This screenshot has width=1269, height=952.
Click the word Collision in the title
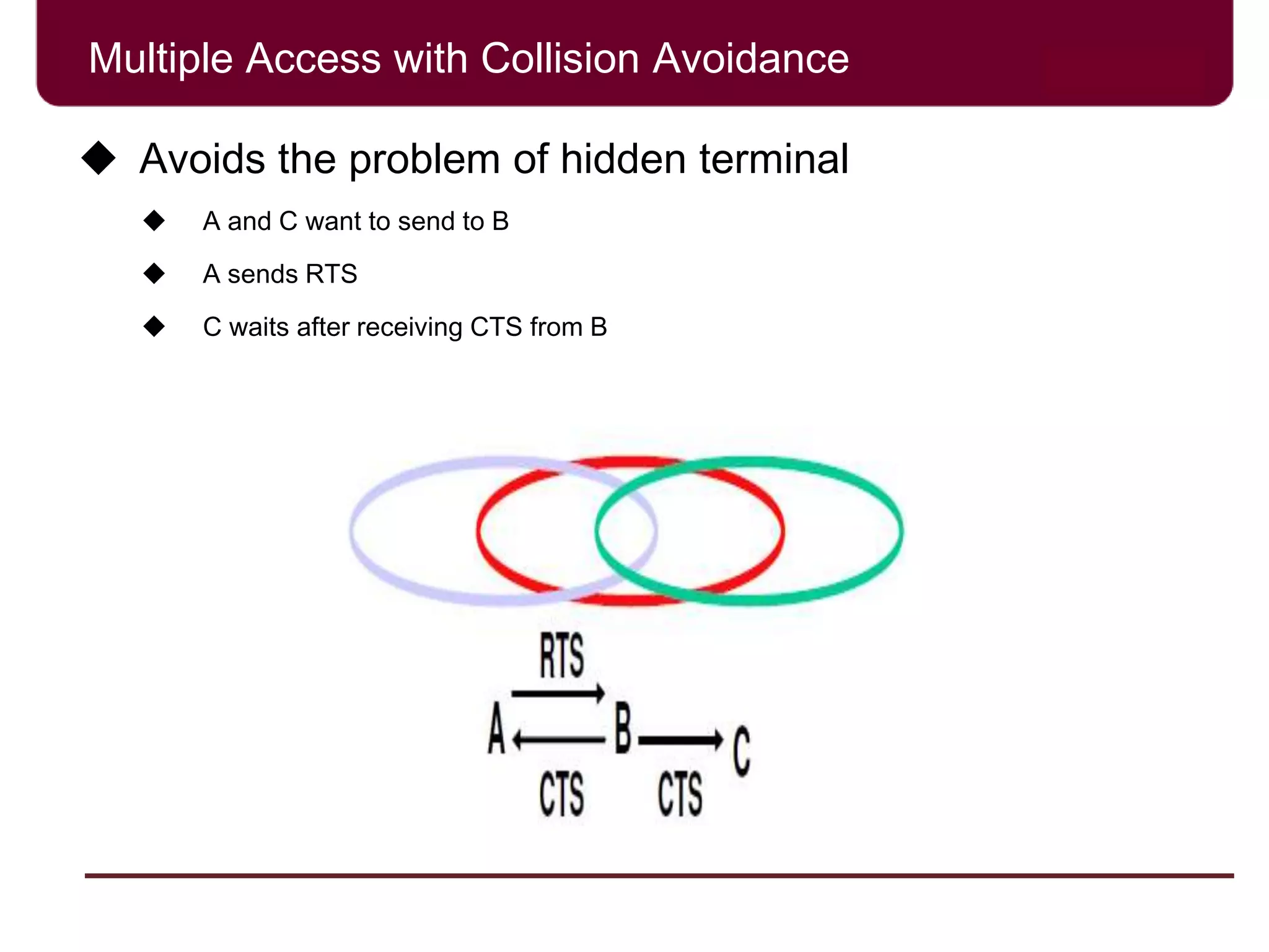[560, 59]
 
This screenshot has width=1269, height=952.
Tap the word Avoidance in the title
[750, 59]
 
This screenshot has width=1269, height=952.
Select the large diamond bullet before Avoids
[99, 158]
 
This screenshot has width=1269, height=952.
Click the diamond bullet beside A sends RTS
[154, 273]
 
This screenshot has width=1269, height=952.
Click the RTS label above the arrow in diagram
[561, 656]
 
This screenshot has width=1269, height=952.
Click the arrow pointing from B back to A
[558, 739]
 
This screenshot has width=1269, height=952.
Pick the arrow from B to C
[680, 739]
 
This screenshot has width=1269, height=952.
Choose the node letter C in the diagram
[742, 751]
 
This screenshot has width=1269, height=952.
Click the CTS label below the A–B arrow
[561, 795]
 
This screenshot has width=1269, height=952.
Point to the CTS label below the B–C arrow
[680, 795]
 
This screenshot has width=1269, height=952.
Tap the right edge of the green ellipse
[899, 531]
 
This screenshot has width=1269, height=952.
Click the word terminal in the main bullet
[774, 159]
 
